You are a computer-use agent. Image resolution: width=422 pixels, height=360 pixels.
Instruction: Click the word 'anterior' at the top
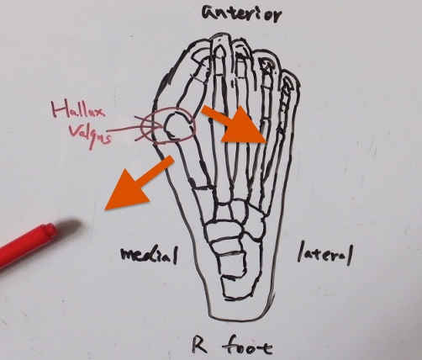241,14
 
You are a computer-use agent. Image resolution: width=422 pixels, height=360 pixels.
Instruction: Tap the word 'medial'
149,255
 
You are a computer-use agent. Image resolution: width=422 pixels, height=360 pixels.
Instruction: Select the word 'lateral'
325,255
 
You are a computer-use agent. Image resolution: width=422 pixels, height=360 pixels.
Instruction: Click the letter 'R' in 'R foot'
200,345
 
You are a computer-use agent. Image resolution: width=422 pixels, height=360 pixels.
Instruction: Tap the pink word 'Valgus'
90,135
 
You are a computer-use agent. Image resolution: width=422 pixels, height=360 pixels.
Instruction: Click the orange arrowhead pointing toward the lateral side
245,125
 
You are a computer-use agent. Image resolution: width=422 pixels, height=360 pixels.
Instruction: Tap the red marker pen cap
48,230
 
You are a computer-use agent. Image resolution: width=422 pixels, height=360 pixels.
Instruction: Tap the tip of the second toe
220,36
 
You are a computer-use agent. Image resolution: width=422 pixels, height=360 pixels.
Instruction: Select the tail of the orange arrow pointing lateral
203,110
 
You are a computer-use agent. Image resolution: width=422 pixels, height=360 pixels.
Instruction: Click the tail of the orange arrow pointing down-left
171,159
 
